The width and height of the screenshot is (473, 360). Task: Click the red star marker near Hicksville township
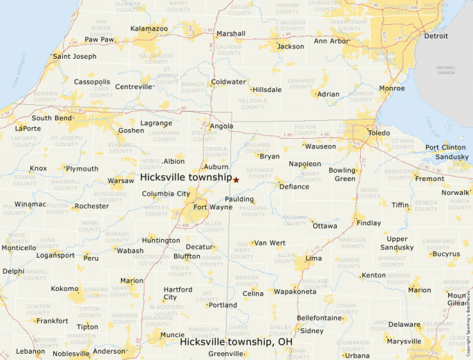[x=236, y=180]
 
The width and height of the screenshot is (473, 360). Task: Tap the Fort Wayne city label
[x=213, y=207]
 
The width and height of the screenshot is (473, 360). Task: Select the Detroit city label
[x=436, y=36]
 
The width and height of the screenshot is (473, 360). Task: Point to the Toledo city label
[x=378, y=133]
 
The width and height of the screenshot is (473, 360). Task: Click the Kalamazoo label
[x=149, y=28]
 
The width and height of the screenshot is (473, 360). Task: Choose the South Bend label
[x=52, y=117]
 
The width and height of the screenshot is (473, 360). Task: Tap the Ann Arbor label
[x=332, y=41]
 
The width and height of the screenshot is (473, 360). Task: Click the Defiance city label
[x=294, y=187]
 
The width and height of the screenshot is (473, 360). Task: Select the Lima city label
[x=313, y=258]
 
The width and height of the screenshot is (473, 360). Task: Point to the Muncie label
[x=171, y=335]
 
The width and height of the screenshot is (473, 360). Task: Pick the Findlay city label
[x=369, y=222]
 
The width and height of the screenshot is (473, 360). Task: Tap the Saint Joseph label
[x=75, y=56]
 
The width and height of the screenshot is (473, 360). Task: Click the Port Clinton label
[x=445, y=147]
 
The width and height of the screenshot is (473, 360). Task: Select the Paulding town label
[x=239, y=199]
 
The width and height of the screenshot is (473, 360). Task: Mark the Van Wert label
[x=270, y=243]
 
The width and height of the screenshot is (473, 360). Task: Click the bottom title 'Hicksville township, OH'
[x=236, y=341]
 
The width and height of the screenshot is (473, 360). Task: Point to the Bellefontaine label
[x=319, y=318]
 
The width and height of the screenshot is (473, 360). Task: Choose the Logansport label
[x=55, y=255]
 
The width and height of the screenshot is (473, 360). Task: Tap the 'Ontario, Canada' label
[x=446, y=70]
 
